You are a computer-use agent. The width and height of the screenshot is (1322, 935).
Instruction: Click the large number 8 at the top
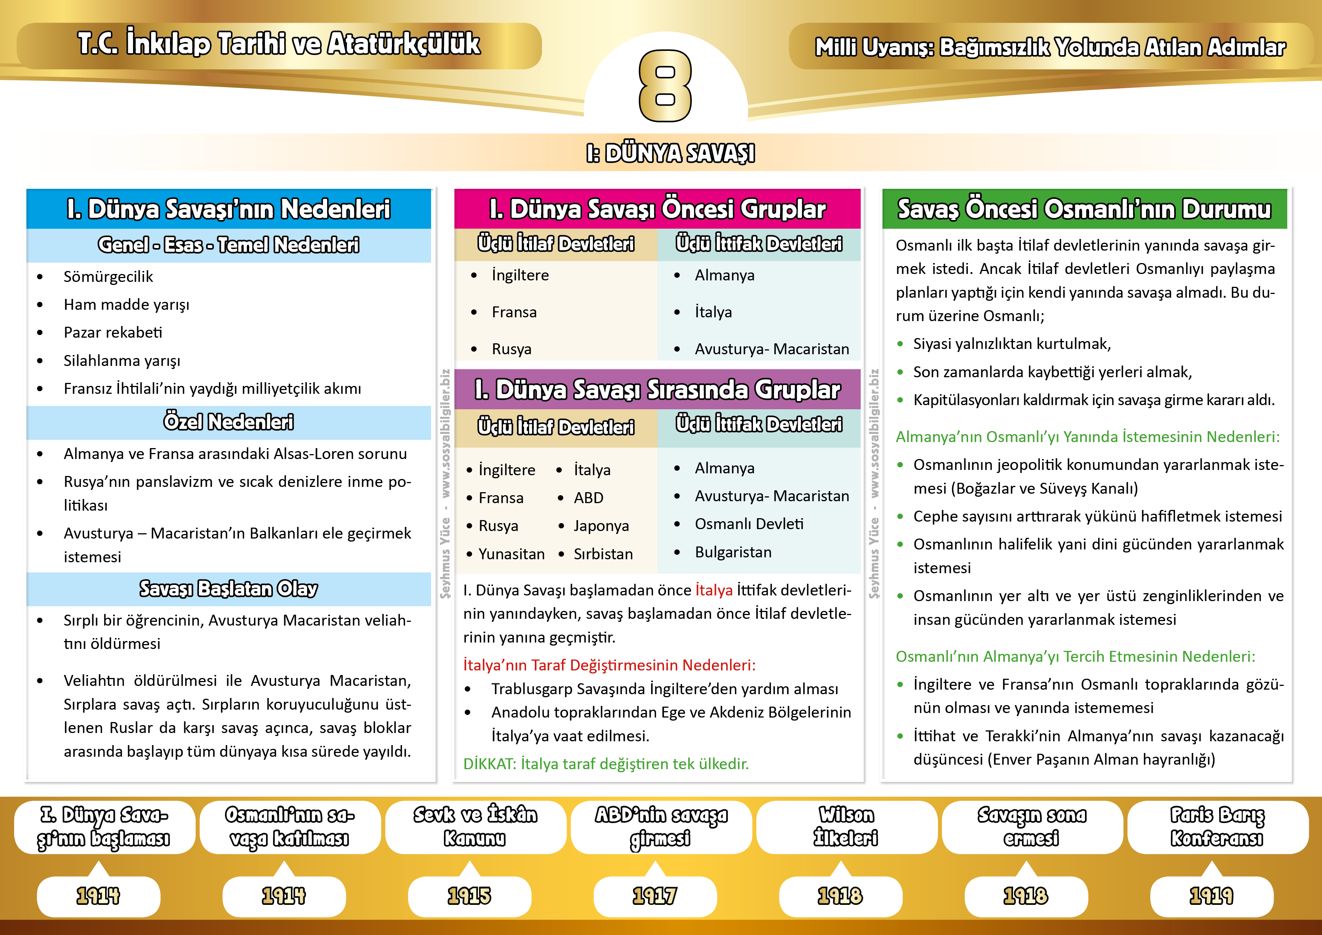click(x=665, y=86)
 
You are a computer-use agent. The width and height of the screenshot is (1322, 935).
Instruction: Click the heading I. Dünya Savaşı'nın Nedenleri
click(x=229, y=209)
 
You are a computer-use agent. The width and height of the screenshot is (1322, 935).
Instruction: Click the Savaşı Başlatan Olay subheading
click(x=229, y=588)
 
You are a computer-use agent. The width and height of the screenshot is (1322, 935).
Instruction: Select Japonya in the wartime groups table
click(x=601, y=526)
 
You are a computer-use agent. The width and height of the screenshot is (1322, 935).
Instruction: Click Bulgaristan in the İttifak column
click(x=733, y=552)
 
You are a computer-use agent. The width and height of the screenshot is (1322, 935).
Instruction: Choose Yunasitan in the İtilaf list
click(x=511, y=554)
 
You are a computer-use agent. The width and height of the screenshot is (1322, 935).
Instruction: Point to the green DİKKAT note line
click(x=606, y=764)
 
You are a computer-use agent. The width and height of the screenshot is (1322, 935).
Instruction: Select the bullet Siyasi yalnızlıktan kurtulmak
click(x=1011, y=344)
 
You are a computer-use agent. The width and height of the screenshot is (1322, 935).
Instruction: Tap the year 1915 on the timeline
click(x=469, y=896)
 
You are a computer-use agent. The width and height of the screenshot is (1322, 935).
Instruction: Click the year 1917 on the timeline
click(x=655, y=896)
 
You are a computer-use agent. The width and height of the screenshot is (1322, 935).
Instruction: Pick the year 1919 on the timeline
click(x=1212, y=896)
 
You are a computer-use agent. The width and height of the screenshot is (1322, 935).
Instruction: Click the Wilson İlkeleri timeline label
click(x=846, y=827)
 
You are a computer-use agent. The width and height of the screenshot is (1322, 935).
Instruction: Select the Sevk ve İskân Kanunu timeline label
click(x=475, y=827)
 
